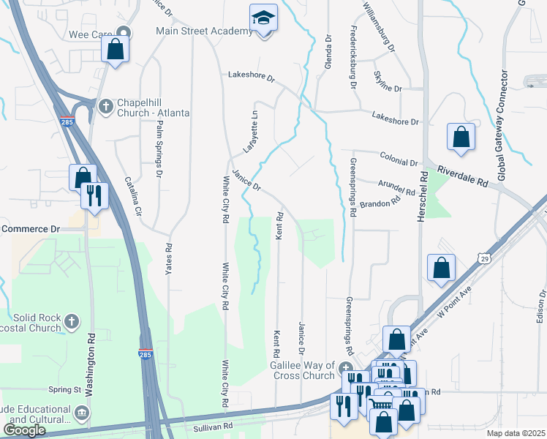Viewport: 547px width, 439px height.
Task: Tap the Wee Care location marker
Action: [x=124, y=32]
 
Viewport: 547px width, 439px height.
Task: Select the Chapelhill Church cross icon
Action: [x=106, y=106]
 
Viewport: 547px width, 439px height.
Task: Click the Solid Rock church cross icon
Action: [x=72, y=320]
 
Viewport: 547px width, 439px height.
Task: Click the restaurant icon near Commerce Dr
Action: [x=94, y=195]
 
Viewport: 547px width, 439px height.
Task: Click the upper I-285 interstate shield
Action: [x=67, y=122]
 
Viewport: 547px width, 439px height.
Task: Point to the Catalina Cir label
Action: [x=132, y=195]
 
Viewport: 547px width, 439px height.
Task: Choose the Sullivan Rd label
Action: [x=213, y=424]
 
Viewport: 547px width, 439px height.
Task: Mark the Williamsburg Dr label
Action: [x=377, y=26]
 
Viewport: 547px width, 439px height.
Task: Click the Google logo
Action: [x=24, y=430]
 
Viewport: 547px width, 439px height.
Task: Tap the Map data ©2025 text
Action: [x=516, y=433]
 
